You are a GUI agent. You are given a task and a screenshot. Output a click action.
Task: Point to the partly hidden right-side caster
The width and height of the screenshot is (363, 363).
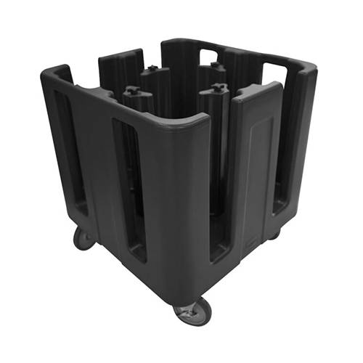[274, 234]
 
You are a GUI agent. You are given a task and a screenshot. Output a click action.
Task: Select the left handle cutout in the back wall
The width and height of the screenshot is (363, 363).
[208, 55]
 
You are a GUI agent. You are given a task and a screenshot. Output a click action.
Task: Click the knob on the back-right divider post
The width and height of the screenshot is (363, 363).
[216, 67]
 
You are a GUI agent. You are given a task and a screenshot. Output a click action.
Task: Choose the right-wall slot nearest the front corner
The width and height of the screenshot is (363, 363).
[220, 192]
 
